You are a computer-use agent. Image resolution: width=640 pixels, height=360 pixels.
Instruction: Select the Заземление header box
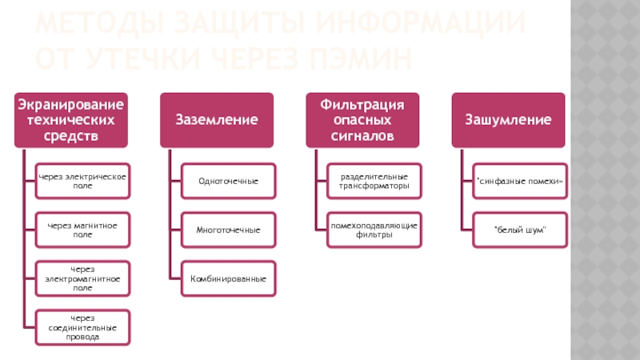[216, 120]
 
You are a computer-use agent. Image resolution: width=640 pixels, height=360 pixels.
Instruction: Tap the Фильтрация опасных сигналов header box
[362, 120]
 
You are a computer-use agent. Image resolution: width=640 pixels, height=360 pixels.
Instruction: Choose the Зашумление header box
[508, 120]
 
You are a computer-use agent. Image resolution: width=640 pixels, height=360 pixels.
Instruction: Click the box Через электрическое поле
[82, 181]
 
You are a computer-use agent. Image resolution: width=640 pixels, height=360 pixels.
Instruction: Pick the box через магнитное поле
[82, 230]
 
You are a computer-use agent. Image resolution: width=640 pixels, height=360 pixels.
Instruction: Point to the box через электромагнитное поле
[82, 278]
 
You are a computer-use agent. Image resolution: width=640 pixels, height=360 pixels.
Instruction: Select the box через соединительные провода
[82, 327]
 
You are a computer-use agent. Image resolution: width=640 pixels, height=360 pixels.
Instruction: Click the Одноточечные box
[228, 181]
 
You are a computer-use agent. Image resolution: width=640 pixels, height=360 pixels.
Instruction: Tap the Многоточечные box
[228, 230]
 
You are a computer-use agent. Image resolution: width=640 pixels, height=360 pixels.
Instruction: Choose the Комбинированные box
[228, 278]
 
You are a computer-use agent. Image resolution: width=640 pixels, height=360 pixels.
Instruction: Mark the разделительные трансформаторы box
[374, 181]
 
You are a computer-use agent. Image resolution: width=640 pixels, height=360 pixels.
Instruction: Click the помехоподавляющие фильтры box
[374, 230]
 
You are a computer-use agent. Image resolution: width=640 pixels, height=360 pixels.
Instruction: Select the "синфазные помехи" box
[520, 181]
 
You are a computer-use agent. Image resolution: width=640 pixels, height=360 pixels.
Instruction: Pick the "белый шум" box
[520, 230]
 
